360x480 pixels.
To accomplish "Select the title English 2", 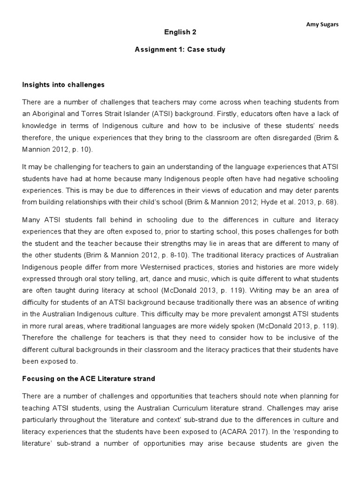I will (x=180, y=32).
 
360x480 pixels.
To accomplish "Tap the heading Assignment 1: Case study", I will (x=180, y=50).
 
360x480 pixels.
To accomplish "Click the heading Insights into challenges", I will (x=63, y=85).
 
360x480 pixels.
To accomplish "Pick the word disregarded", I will (x=276, y=139).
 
